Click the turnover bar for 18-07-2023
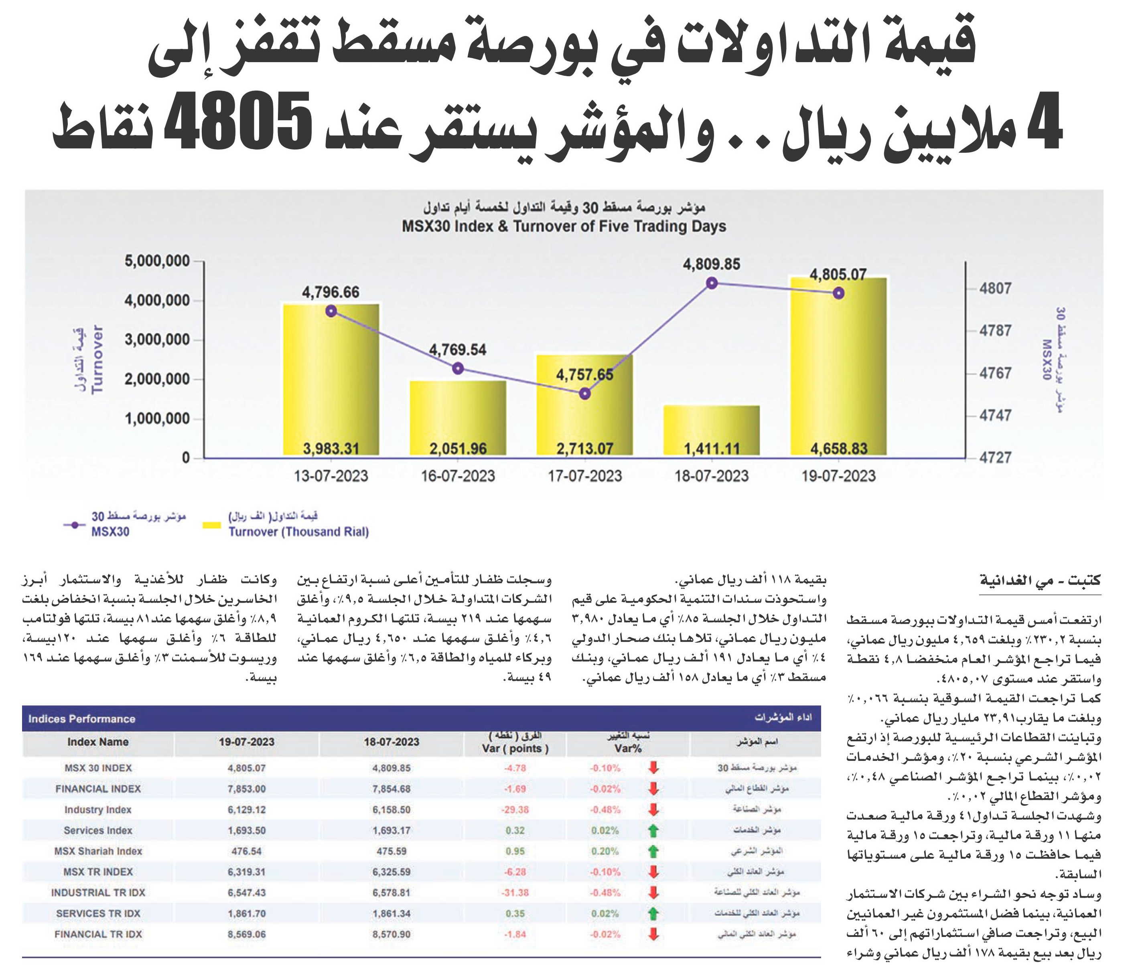pos(712,431)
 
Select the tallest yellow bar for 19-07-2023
pos(838,366)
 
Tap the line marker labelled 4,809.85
pos(712,283)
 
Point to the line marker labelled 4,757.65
pos(584,393)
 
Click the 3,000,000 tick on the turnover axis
pos(157,340)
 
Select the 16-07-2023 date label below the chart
pos(458,476)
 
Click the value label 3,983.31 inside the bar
pos(331,449)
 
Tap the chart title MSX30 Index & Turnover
pos(564,227)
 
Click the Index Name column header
pos(98,742)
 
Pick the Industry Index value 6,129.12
pos(247,809)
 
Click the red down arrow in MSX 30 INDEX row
pos(652,768)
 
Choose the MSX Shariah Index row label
pos(98,851)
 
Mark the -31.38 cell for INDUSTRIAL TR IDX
pos(515,893)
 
